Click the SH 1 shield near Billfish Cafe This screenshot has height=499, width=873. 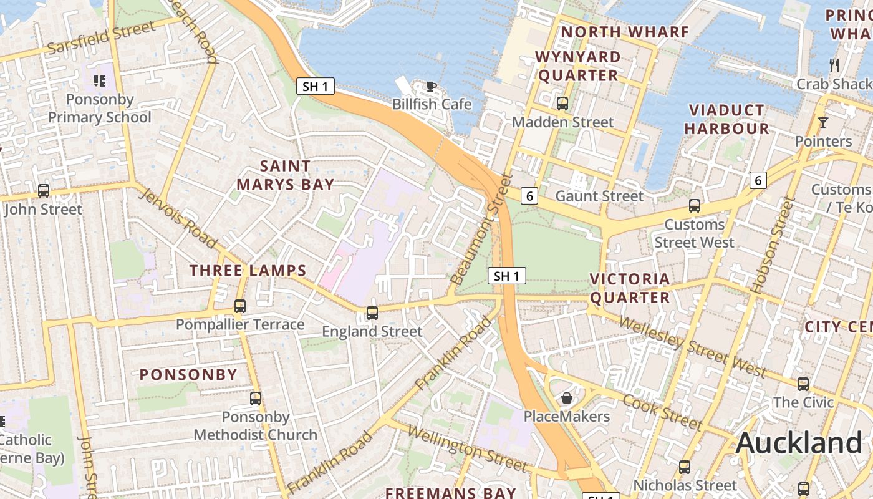pyautogui.click(x=315, y=86)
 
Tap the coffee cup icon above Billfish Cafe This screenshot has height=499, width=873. pyautogui.click(x=431, y=86)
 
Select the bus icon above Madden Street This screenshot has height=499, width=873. pyautogui.click(x=562, y=104)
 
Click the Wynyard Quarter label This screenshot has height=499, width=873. pyautogui.click(x=578, y=66)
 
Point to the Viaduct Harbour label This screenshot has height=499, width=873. pyautogui.click(x=726, y=119)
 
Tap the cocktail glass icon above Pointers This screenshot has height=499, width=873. pyautogui.click(x=822, y=123)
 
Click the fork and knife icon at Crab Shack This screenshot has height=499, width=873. pyautogui.click(x=834, y=65)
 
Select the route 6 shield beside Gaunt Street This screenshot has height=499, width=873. pyautogui.click(x=529, y=196)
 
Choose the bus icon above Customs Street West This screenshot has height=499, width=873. pyautogui.click(x=694, y=206)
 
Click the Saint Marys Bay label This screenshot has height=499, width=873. pyautogui.click(x=285, y=175)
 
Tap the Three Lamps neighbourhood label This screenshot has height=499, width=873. pyautogui.click(x=248, y=271)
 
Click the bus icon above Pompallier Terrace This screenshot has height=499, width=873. pyautogui.click(x=240, y=306)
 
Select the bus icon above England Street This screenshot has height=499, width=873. pyautogui.click(x=372, y=313)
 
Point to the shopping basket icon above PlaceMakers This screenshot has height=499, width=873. pyautogui.click(x=567, y=398)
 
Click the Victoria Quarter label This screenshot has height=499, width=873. pyautogui.click(x=630, y=288)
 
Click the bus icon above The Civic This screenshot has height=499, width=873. pyautogui.click(x=803, y=384)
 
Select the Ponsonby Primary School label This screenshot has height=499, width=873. pyautogui.click(x=100, y=109)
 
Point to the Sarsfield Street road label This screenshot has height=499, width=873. pyautogui.click(x=101, y=38)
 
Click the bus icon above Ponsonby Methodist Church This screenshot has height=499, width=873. pyautogui.click(x=256, y=399)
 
